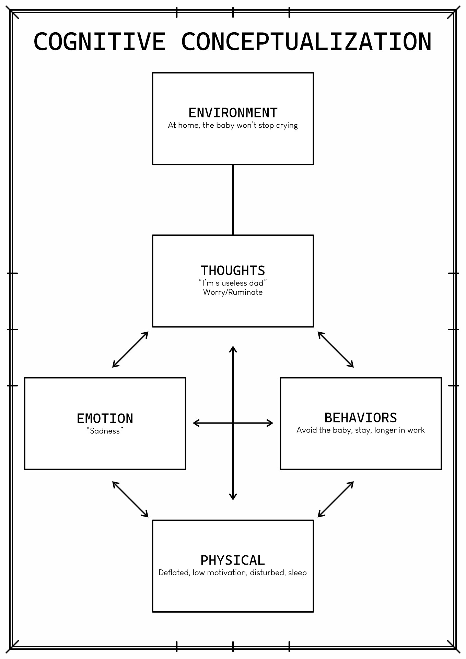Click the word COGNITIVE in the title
tap(100, 42)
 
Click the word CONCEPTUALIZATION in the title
tap(306, 42)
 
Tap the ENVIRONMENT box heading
tap(233, 113)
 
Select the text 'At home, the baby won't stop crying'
tap(233, 125)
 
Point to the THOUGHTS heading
tap(233, 270)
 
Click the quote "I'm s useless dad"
tap(233, 283)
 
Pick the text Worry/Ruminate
tap(233, 292)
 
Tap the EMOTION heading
tap(105, 418)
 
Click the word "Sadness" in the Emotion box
tap(105, 431)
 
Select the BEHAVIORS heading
tap(361, 418)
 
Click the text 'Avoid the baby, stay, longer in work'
tap(361, 430)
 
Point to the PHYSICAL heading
tap(233, 560)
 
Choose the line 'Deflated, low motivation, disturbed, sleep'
tap(233, 573)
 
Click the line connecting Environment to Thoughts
tap(233, 200)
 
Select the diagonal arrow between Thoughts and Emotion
tap(130, 349)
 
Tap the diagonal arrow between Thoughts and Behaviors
tap(336, 349)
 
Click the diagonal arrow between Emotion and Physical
tap(130, 499)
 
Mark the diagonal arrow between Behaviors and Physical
tap(336, 499)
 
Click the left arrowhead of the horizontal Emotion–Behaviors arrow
tap(196, 423)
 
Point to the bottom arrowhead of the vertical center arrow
tap(233, 496)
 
